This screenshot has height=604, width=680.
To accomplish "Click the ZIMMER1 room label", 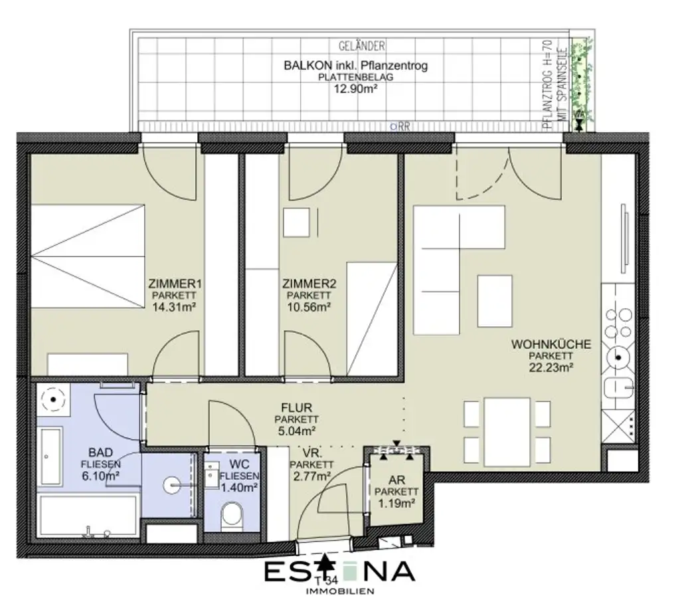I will tap(175, 284).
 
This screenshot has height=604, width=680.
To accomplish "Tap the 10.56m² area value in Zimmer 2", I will tap(309, 307).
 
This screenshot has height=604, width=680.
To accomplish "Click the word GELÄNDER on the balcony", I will tap(361, 47).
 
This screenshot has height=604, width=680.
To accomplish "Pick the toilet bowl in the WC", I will tap(232, 514).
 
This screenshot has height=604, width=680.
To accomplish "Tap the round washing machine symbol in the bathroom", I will tap(50, 399).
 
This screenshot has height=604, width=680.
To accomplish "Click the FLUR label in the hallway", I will tap(296, 408).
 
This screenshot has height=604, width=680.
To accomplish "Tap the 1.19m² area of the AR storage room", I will tap(396, 504).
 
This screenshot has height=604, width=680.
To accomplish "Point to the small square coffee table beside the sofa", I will tap(495, 300).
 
